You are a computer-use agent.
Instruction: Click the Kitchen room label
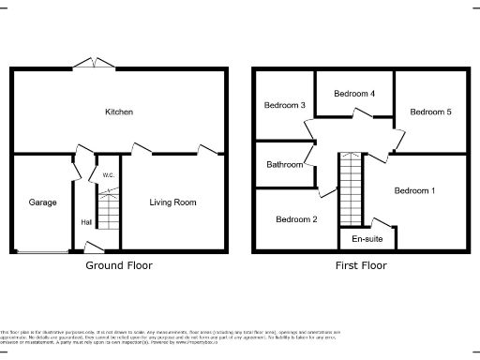(119, 112)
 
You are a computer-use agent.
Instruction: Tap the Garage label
(42, 202)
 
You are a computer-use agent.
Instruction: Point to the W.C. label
(109, 175)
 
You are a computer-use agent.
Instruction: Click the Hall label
(86, 222)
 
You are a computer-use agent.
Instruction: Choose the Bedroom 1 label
(414, 191)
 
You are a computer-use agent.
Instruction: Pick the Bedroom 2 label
(295, 220)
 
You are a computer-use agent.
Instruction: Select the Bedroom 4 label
(354, 94)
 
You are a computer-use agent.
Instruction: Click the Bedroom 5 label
(431, 112)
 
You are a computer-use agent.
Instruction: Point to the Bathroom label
(285, 165)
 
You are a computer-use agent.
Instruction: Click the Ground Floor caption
(119, 265)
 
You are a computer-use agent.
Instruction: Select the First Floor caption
(361, 265)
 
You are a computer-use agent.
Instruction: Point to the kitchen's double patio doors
(97, 64)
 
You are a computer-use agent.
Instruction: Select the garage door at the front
(42, 251)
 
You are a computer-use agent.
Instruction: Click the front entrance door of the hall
(93, 247)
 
